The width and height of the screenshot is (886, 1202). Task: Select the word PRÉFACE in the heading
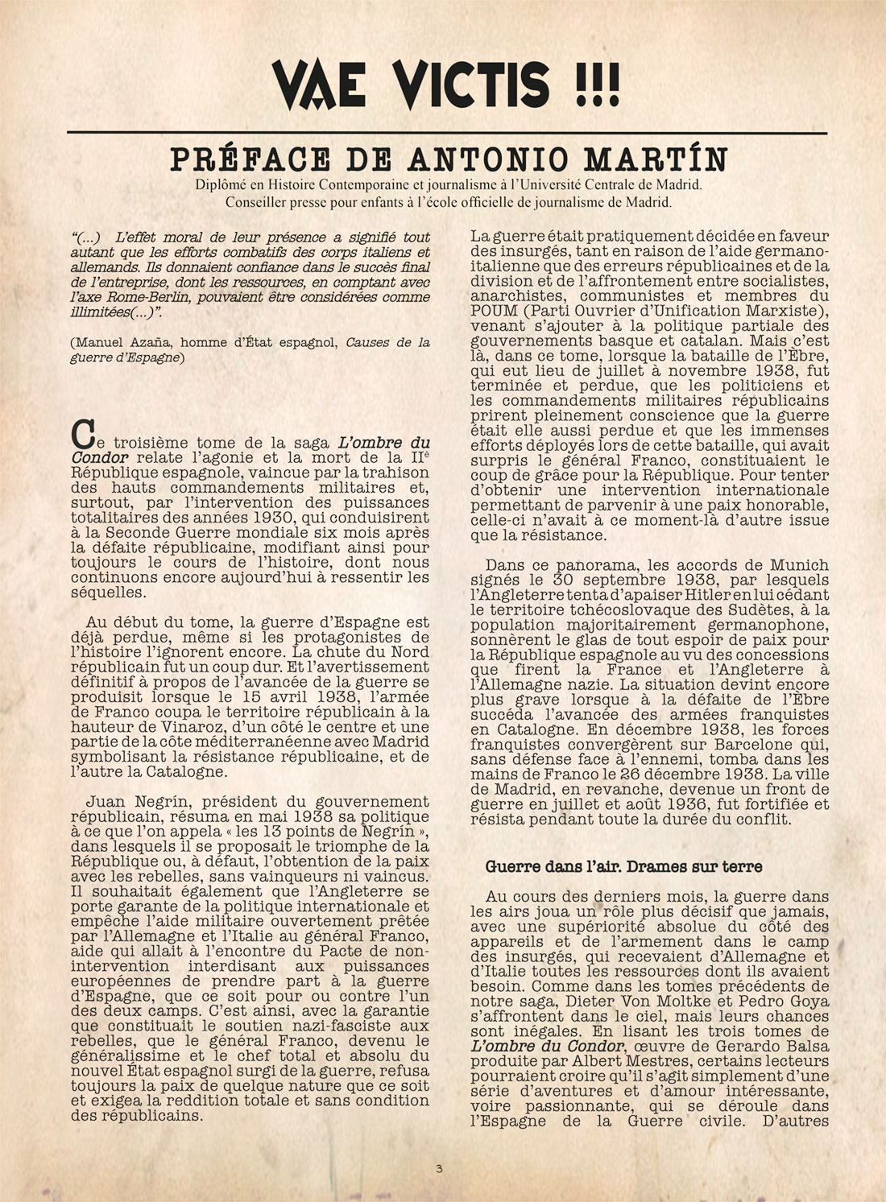(246, 159)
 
